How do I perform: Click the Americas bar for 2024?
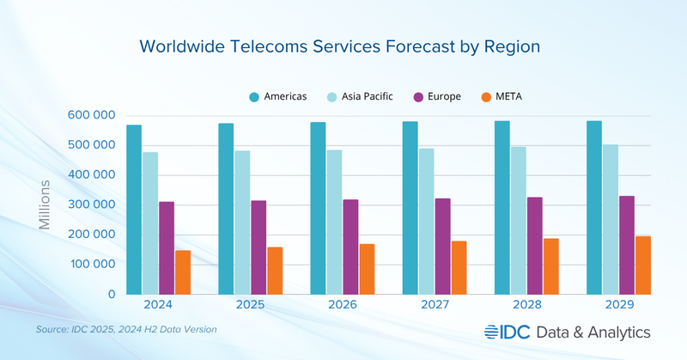click(134, 210)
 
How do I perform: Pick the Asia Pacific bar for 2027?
click(426, 221)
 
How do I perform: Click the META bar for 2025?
click(275, 271)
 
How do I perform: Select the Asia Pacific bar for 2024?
click(150, 223)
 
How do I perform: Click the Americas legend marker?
click(255, 96)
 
